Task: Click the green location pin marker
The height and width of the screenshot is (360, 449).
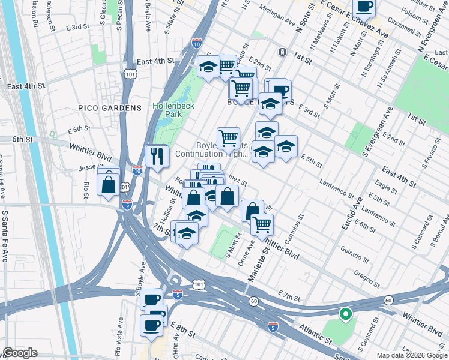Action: coord(345,313)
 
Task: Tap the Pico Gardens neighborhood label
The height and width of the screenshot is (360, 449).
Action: coord(109,108)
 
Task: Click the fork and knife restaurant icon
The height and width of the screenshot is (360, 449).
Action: coord(157,156)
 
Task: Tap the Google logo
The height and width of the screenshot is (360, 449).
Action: coord(20,353)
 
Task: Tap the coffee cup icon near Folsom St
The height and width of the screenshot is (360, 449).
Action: coord(364,7)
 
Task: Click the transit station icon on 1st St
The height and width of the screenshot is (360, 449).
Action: coord(282,52)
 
